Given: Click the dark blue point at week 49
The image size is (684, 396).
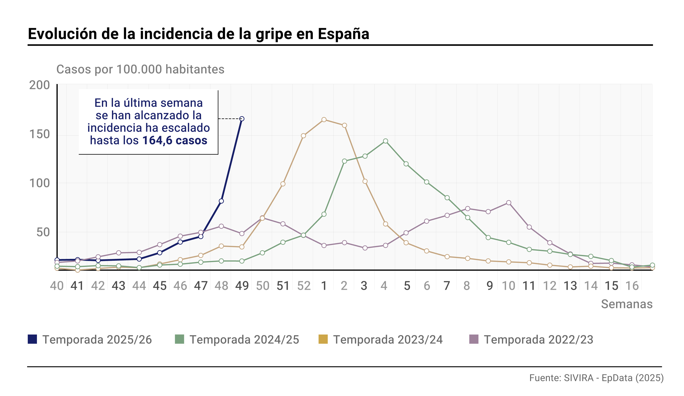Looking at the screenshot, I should [242, 119].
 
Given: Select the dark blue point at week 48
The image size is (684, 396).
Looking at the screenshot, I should [221, 201].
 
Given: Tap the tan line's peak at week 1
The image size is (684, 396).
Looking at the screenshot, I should [324, 120].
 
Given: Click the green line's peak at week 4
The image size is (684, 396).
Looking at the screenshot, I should [385, 141].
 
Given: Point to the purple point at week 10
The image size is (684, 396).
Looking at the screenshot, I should [509, 203].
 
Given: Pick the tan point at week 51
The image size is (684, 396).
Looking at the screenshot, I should [283, 184].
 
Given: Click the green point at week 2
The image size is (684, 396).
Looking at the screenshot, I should [345, 161].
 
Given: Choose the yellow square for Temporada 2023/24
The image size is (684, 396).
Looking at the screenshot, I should [323, 339].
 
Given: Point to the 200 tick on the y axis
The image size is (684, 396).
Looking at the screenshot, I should [40, 85].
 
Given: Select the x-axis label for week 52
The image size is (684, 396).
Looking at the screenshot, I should [304, 286].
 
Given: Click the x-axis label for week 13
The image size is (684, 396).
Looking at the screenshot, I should [570, 286].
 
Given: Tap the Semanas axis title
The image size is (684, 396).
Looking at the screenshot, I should [627, 304].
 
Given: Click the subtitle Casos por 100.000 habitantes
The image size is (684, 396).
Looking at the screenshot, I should [140, 69].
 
